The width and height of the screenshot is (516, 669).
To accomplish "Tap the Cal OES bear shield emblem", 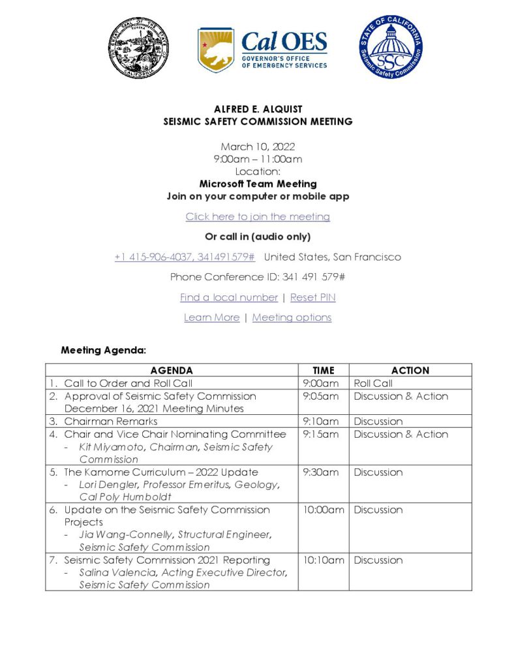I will [x=216, y=50].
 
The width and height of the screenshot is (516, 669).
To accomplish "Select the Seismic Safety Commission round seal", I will [x=390, y=48].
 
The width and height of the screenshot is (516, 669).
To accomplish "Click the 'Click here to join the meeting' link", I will [x=258, y=217].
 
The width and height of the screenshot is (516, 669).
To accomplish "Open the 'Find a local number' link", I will [x=229, y=297].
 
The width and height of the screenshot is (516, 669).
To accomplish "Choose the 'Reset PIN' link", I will [x=313, y=297].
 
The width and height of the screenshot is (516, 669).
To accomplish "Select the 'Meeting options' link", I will [x=292, y=318].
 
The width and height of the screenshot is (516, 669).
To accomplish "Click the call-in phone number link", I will [x=185, y=257].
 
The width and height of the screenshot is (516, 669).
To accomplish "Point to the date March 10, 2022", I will [x=258, y=147].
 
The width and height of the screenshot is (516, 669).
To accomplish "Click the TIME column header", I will [x=324, y=370].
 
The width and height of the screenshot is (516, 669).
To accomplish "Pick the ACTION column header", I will [x=410, y=370].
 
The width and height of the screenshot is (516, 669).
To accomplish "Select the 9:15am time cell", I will [x=321, y=434].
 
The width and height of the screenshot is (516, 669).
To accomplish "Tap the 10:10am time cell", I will [x=324, y=560].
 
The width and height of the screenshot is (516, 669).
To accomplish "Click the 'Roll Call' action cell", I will [x=373, y=383].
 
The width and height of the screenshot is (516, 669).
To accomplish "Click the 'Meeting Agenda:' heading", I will [x=103, y=350].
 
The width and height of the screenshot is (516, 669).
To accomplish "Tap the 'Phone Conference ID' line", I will [x=258, y=277].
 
